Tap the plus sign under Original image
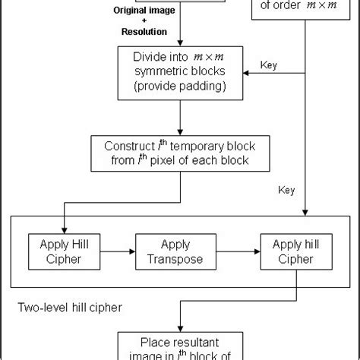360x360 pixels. [143, 21]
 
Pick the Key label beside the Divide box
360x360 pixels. [269, 65]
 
